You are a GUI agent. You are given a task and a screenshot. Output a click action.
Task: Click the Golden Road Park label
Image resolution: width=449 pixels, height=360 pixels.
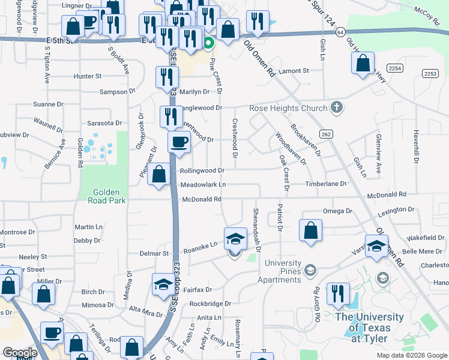point(109,196)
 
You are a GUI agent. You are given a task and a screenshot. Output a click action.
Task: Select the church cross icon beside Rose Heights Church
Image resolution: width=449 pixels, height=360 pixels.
point(337,108)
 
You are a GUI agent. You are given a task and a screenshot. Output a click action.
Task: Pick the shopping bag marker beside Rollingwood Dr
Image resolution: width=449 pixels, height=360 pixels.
point(158,175)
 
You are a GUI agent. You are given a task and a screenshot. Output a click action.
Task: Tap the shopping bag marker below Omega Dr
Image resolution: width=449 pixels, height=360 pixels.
point(310,231)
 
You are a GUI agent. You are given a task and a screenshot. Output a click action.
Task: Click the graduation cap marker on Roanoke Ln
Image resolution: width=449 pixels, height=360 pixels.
point(235,239)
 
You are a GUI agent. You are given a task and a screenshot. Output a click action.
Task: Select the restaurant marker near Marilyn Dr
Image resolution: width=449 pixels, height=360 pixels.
point(166,77)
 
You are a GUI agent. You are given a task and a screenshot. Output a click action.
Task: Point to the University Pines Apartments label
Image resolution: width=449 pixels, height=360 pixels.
point(279,271)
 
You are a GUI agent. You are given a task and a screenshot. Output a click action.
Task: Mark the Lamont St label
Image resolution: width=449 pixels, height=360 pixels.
point(294,70)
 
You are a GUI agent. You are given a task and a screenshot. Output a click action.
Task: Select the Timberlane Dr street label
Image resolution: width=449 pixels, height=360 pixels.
point(326,184)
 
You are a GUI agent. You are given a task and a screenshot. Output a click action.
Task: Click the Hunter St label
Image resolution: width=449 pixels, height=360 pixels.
point(88,76)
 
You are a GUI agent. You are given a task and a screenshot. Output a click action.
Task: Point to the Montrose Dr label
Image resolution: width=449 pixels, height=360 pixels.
point(17,232)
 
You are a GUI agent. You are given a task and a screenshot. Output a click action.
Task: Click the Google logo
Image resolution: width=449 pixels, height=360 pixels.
point(20,353)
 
